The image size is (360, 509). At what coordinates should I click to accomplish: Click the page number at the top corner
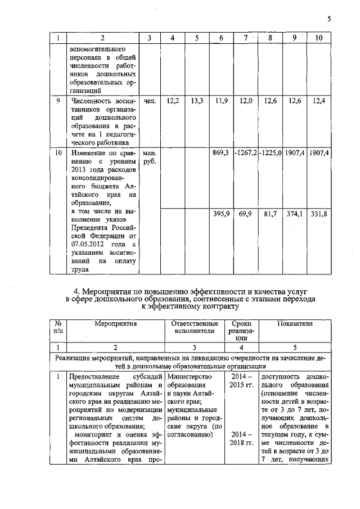(x=329, y=19)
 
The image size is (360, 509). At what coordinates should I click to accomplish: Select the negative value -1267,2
(x=246, y=153)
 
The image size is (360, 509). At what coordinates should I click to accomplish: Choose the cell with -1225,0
(x=270, y=153)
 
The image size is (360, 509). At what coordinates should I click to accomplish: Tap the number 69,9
(x=245, y=214)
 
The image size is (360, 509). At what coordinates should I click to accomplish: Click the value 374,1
(x=294, y=214)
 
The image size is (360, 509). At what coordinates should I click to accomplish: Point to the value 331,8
(x=319, y=214)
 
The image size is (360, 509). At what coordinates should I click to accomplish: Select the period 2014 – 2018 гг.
(x=241, y=440)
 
